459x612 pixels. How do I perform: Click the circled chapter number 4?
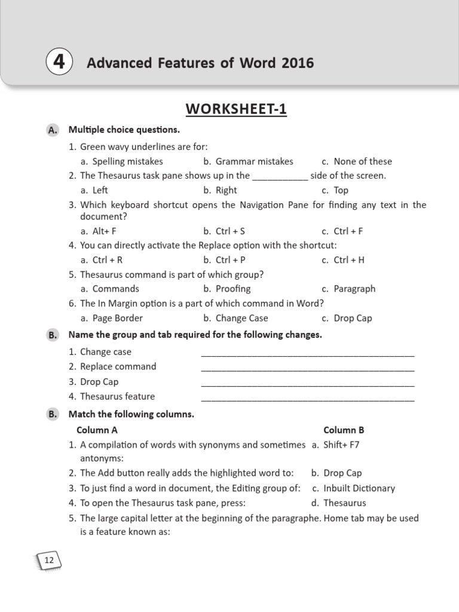[x=59, y=63]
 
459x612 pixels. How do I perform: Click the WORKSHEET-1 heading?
[x=236, y=109]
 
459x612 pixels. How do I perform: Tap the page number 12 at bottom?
[x=49, y=560]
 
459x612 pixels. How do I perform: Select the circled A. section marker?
[x=53, y=130]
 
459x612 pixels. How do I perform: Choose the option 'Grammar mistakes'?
[x=254, y=161]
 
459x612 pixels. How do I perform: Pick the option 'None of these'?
[x=363, y=161]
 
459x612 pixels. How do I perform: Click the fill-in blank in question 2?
[x=280, y=176]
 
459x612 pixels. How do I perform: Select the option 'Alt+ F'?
[x=105, y=231]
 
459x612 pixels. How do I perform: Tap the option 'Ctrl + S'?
[x=230, y=231]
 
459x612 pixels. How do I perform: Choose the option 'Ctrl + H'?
[x=349, y=260]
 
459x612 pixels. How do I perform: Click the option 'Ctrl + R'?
[x=108, y=260]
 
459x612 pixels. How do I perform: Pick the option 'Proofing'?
[x=233, y=289]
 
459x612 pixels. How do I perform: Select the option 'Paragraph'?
[x=354, y=289]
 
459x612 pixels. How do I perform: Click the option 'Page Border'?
[x=118, y=318]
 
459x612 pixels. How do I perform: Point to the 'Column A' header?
[x=97, y=430]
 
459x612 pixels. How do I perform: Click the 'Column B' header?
[x=344, y=430]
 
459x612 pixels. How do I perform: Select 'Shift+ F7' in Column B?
[x=341, y=445]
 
